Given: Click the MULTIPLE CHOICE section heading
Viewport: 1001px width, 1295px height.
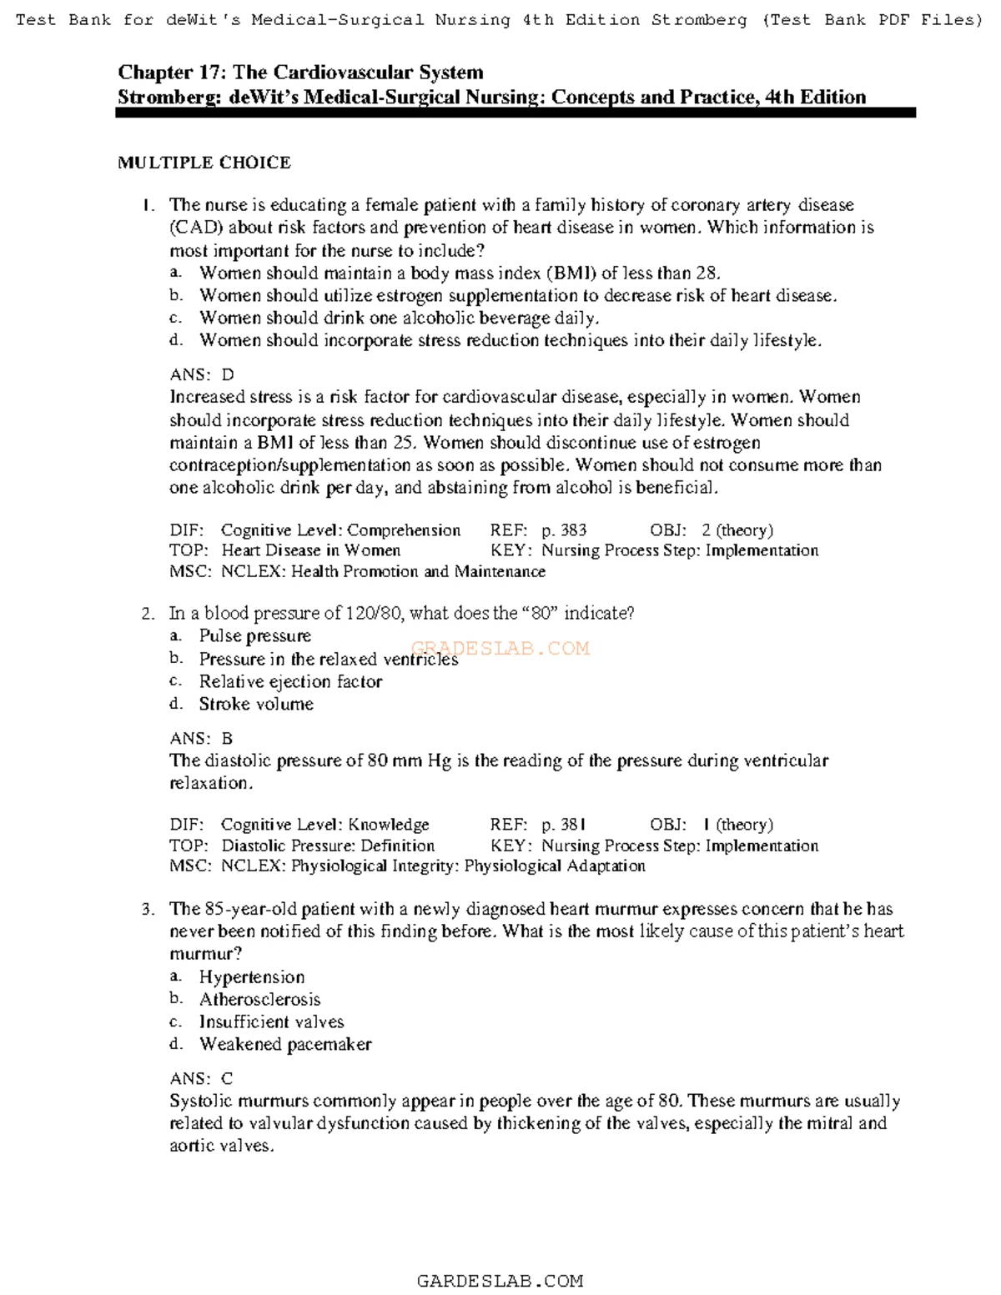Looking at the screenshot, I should (204, 163).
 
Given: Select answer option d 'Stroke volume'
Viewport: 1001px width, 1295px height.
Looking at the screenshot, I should (256, 704).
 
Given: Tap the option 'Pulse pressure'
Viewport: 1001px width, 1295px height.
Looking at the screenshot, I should (254, 636).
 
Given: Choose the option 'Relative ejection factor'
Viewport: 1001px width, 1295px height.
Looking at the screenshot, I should (290, 681).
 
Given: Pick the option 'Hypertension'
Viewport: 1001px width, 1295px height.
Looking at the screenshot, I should (251, 976).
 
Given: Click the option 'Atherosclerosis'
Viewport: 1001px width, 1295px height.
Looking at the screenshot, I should (259, 999).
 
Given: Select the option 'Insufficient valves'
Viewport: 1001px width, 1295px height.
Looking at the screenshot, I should (271, 1021).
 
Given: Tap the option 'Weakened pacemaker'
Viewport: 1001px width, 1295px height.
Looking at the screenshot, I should (285, 1044).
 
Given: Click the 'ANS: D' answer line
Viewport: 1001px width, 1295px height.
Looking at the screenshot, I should (202, 374).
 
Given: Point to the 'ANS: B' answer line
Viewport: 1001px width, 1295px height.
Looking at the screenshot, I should (201, 738).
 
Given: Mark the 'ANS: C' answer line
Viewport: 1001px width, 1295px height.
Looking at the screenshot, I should (201, 1078).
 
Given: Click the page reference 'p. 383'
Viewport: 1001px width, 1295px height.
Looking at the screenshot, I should (564, 530).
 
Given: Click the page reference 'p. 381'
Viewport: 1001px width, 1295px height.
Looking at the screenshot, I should (564, 825).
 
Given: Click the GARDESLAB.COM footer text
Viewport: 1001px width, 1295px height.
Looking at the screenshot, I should (500, 1281).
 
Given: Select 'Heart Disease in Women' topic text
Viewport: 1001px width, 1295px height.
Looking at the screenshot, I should (310, 550).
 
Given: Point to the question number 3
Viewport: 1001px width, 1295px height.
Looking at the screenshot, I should (148, 909).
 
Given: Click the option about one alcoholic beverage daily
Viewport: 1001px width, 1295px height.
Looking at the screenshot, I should (399, 318).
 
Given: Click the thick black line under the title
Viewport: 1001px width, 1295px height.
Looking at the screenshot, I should (516, 113).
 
